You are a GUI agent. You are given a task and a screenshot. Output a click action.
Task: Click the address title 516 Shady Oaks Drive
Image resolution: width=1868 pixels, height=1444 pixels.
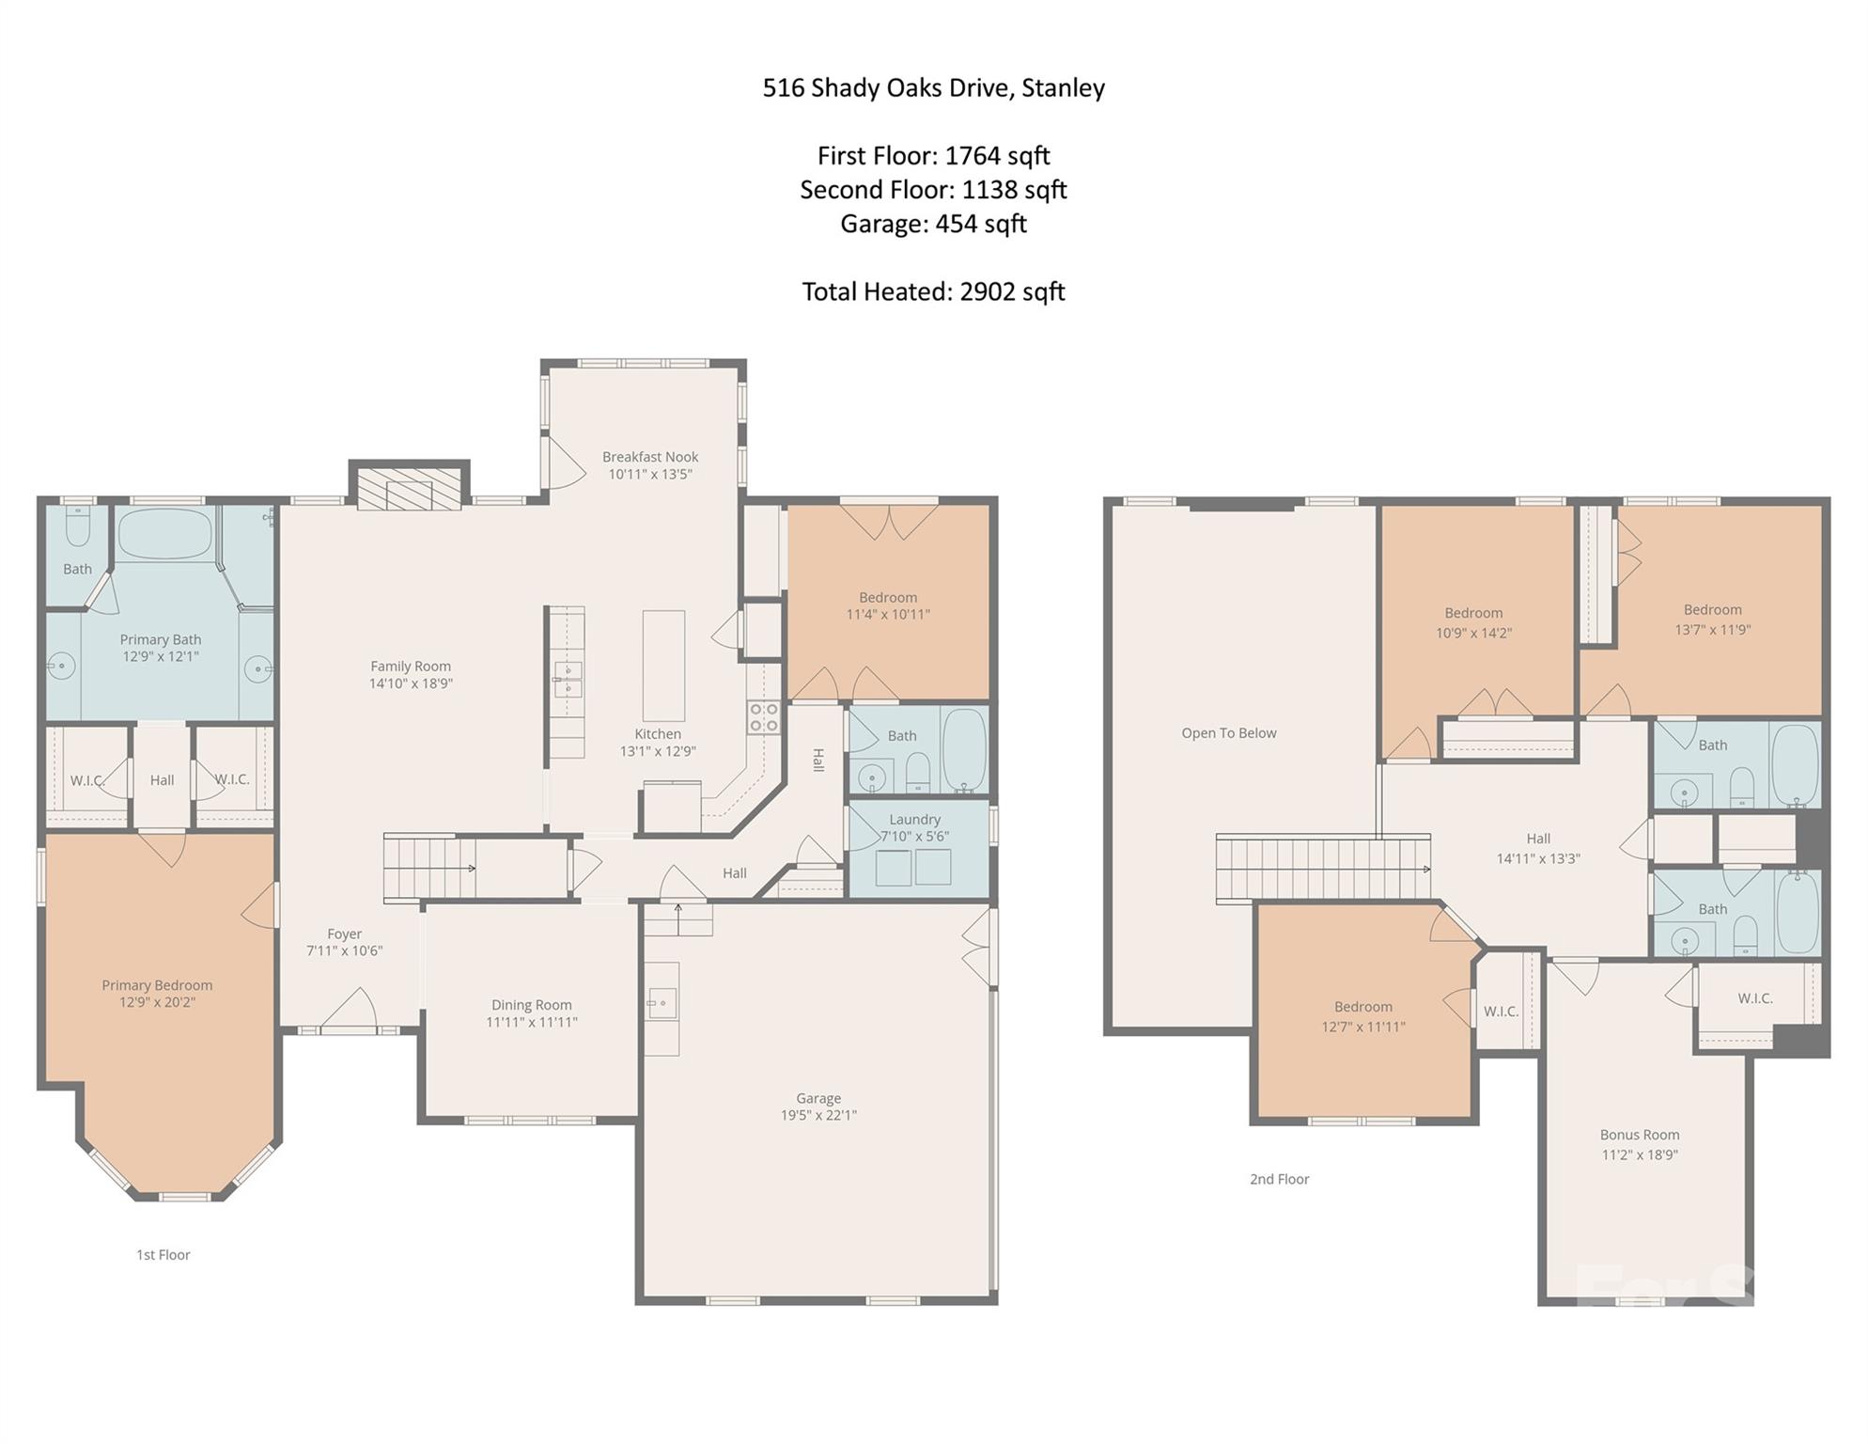(x=932, y=87)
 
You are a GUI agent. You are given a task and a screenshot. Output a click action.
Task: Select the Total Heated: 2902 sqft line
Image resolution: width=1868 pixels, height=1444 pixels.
(x=932, y=291)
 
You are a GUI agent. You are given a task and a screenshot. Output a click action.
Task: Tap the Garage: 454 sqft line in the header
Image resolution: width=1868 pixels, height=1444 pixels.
(x=932, y=224)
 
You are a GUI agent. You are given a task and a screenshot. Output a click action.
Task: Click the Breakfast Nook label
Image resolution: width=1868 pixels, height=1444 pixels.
(x=649, y=457)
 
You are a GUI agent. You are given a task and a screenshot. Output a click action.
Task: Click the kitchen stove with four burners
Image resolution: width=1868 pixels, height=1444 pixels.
(x=763, y=717)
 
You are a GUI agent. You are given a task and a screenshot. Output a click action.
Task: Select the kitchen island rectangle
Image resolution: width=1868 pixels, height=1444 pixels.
(x=663, y=666)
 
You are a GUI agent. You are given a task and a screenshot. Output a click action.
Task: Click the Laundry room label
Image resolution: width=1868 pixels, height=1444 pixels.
(x=914, y=820)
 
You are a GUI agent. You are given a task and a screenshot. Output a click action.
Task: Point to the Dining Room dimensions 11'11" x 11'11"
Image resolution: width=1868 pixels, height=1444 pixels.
(x=531, y=1022)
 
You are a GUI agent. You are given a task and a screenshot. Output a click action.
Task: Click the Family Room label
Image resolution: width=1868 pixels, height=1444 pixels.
(x=410, y=667)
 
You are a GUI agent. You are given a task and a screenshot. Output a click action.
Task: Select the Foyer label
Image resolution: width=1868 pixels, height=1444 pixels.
(x=344, y=934)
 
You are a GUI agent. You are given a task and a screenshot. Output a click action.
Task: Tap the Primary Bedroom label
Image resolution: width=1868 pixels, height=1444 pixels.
(x=157, y=985)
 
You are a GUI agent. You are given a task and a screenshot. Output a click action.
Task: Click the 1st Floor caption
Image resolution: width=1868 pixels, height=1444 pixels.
(x=163, y=1255)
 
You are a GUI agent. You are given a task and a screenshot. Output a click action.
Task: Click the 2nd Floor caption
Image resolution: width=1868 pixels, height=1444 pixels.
(x=1279, y=1179)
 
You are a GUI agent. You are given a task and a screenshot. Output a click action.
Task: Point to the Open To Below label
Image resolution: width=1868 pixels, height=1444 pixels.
(x=1228, y=733)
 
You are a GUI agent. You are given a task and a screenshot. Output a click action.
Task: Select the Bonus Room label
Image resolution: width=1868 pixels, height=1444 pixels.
(x=1639, y=1135)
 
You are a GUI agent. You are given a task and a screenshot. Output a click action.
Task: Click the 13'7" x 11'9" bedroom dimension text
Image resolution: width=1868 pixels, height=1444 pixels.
(x=1712, y=630)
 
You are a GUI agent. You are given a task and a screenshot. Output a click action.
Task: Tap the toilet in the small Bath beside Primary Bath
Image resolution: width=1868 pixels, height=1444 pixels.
(x=78, y=526)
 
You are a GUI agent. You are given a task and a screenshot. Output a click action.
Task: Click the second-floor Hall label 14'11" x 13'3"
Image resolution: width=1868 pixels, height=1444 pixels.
(x=1537, y=858)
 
